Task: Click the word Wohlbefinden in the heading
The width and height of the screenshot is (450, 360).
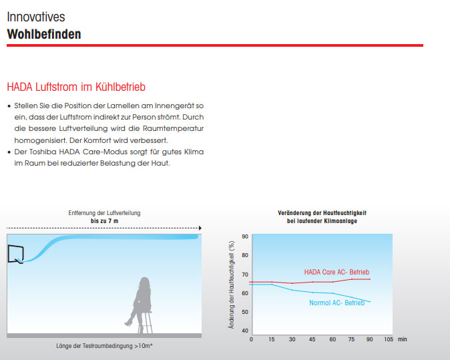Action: pos(44,34)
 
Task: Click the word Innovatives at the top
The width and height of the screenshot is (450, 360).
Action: pos(36,17)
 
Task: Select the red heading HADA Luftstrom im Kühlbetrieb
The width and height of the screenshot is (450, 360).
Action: pos(76,87)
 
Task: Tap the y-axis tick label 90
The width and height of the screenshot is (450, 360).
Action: pos(245,236)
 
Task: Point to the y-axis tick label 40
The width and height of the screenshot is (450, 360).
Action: pos(245,331)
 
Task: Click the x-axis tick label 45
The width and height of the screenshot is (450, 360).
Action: pos(312,339)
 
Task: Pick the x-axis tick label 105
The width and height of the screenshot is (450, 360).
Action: pos(389,339)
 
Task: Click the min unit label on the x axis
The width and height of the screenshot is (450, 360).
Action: pos(403,339)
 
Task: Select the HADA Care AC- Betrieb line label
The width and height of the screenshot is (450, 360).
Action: pos(336,272)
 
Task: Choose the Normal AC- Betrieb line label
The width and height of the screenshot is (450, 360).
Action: pos(337,303)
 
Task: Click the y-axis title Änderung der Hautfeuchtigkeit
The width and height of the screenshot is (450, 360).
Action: pos(231,285)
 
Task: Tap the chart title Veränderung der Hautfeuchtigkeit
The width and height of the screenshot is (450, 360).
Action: pos(322,213)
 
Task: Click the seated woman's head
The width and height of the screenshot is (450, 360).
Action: pos(145,283)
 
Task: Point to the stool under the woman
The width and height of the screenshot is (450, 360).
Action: pos(145,323)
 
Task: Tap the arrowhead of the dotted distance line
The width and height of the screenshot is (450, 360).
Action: pos(200,228)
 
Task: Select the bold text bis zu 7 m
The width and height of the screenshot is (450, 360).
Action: pos(104,221)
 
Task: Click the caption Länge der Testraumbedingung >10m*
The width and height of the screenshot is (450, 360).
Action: pos(104,346)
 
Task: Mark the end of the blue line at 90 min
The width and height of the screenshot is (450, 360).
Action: pos(370,302)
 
